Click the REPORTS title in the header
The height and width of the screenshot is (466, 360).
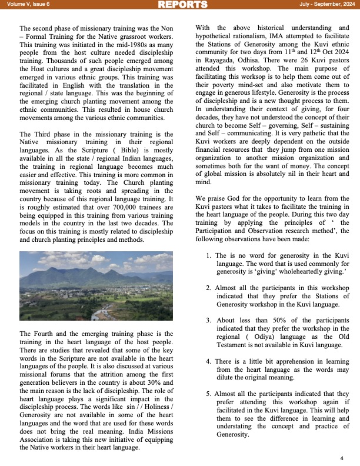pos(183,5)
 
